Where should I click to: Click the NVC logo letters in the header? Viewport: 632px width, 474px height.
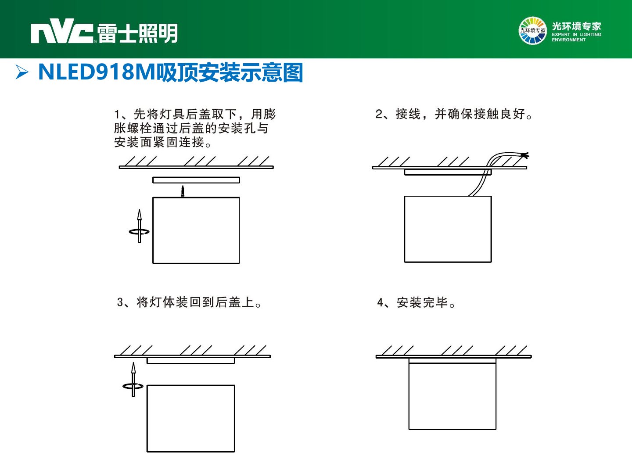click(x=62, y=31)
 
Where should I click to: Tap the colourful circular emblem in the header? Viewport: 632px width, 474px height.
click(x=532, y=31)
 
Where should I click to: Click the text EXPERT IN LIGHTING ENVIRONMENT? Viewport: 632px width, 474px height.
click(x=576, y=37)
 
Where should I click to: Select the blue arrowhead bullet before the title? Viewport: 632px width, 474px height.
click(x=22, y=72)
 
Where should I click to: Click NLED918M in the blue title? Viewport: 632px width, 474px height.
click(x=97, y=72)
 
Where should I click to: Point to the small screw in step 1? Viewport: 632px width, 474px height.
click(x=182, y=191)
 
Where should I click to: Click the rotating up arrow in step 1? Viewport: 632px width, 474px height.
click(x=140, y=226)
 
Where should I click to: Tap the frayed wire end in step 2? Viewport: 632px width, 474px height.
click(x=525, y=156)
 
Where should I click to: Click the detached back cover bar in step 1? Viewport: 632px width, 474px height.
click(x=196, y=180)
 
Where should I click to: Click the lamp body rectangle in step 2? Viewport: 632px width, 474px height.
click(x=448, y=229)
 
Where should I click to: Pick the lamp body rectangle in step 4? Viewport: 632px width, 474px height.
click(x=452, y=393)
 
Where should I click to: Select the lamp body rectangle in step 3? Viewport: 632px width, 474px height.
click(x=191, y=418)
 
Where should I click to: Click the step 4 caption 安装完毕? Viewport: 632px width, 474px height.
click(x=422, y=302)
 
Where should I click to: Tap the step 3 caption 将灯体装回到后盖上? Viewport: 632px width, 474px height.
click(x=195, y=302)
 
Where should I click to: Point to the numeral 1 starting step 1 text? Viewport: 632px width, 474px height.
click(x=117, y=114)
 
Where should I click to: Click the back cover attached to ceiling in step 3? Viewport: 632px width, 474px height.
click(x=191, y=360)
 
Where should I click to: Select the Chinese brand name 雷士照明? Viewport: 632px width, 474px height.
click(x=137, y=33)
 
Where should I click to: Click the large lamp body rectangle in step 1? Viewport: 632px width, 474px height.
click(x=196, y=230)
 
